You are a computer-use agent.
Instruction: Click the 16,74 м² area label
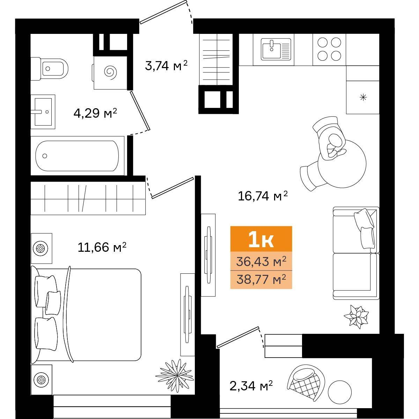(x=263, y=196)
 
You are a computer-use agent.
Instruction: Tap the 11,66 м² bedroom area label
(x=102, y=247)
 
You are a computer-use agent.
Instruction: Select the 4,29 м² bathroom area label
(x=95, y=113)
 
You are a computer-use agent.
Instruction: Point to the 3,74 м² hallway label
(x=166, y=65)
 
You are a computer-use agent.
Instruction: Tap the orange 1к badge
(x=261, y=239)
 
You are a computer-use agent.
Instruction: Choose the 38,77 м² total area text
(x=261, y=279)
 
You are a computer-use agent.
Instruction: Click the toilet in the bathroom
(x=50, y=69)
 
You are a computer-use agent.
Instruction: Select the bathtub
(x=77, y=156)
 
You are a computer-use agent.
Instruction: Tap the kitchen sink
(x=276, y=49)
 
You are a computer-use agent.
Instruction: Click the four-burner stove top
(x=329, y=49)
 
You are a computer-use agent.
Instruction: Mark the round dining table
(x=342, y=163)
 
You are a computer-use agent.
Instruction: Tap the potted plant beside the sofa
(x=356, y=316)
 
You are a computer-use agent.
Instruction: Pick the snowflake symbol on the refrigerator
(x=363, y=97)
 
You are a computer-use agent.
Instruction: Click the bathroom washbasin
(x=43, y=112)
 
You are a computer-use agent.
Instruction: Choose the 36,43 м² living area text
(x=261, y=261)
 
